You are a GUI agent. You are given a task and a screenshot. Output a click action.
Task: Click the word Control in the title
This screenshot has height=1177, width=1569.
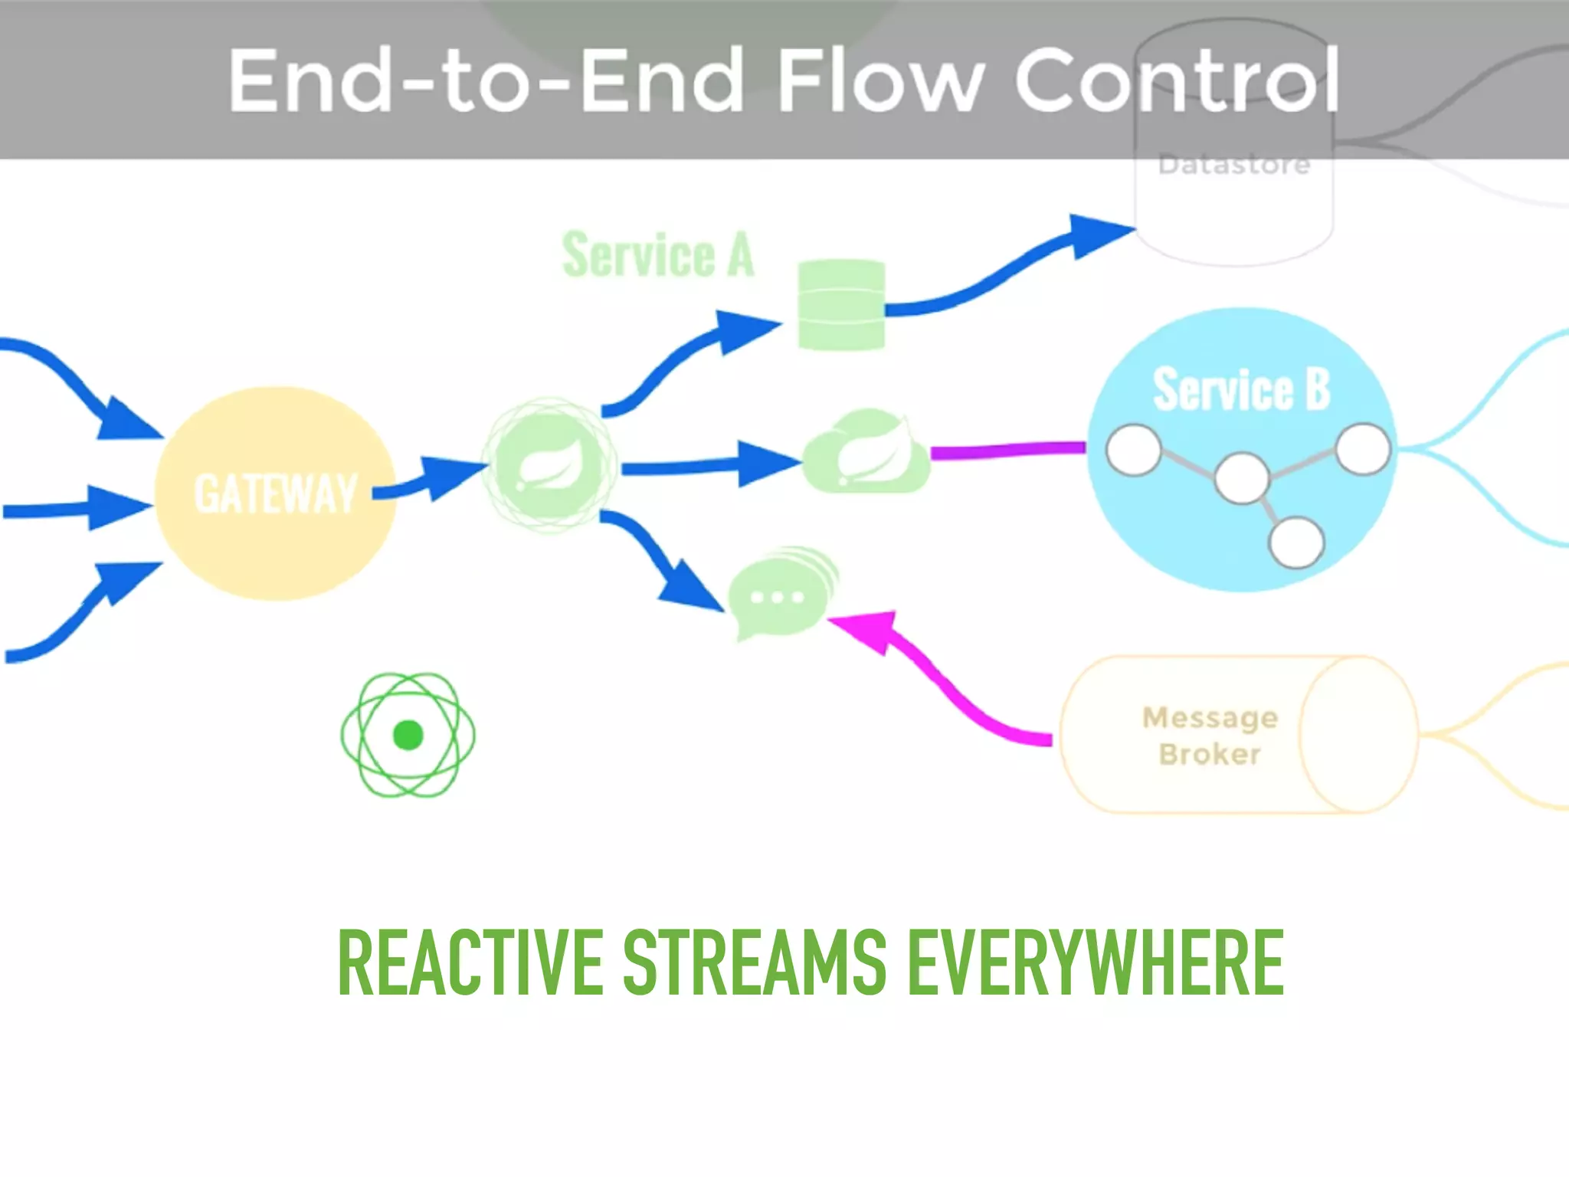1177,80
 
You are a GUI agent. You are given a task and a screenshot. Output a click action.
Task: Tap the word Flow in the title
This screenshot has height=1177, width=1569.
879,80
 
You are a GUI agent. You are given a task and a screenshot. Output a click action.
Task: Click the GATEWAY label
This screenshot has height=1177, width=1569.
276,493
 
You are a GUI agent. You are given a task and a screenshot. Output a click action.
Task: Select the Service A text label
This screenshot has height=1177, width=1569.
658,254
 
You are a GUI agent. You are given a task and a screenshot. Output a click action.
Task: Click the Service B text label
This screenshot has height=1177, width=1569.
1241,389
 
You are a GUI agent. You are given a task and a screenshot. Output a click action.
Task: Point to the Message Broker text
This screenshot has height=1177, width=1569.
1210,736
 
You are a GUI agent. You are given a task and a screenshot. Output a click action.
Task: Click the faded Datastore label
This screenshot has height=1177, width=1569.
1233,165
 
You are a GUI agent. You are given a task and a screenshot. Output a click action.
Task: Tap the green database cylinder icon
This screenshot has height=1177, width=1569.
841,305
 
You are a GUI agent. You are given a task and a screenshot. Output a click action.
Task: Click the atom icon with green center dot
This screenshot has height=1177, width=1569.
408,735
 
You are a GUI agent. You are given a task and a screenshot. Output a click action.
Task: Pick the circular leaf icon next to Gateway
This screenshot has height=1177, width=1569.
549,465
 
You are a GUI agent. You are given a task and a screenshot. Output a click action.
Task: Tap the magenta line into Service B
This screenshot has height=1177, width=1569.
1007,450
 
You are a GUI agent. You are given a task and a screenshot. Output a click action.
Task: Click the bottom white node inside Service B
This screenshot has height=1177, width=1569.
1296,543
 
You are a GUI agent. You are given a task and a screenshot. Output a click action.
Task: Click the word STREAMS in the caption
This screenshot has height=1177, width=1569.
755,962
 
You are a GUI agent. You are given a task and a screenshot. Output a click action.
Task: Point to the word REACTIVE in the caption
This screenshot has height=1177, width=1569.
470,962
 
